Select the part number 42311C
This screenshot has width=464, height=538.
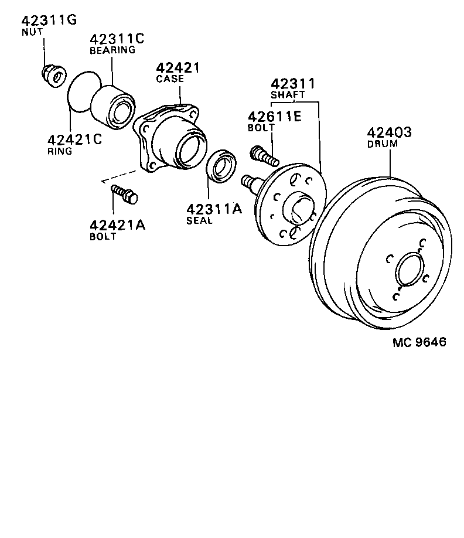coord(117,39)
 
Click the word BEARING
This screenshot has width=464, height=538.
coord(112,50)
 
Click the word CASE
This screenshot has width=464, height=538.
coord(169,79)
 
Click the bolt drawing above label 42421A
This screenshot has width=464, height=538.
coord(124,193)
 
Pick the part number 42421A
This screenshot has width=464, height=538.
coord(118,226)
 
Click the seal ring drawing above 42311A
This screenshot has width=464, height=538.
coord(221,167)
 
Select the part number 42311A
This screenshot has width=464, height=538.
coord(214,209)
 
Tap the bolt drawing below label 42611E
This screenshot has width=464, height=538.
coord(264,155)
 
